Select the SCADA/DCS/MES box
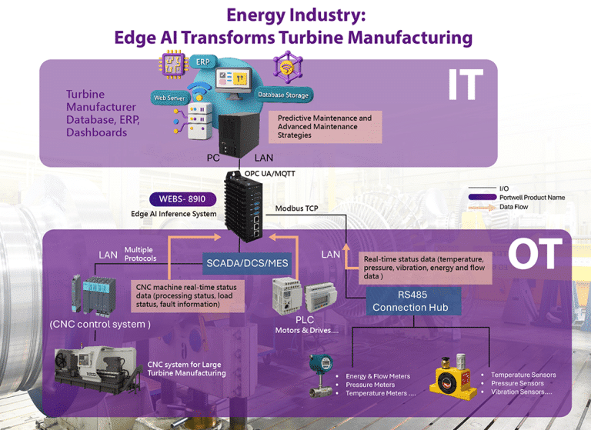pos(247,263)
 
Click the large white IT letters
pos(465,85)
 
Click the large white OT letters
pos(534,256)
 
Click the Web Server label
pos(171,98)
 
